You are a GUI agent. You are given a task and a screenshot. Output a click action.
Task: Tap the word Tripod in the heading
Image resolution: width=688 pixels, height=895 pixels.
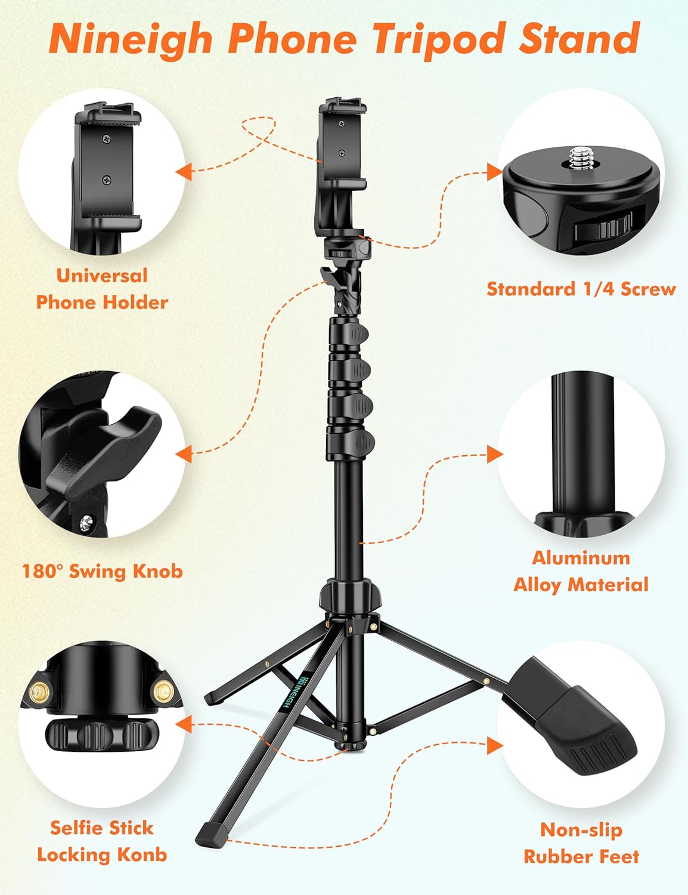[440, 39]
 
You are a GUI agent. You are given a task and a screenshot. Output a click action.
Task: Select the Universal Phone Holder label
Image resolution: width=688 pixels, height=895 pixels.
[102, 289]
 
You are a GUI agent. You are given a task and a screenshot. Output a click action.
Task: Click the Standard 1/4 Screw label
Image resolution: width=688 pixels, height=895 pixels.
[581, 289]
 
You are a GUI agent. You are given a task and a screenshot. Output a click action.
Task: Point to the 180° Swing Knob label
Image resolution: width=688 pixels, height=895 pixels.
[102, 571]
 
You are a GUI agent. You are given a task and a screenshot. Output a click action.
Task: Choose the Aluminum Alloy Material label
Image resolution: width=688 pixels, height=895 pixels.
[581, 571]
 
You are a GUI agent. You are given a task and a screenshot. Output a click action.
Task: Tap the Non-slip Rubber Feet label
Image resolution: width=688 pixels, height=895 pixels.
[581, 842]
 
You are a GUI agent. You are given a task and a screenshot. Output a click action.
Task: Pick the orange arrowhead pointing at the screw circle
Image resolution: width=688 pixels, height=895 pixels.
[494, 172]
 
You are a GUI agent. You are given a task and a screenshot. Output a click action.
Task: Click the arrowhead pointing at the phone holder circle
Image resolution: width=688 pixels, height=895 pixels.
[184, 172]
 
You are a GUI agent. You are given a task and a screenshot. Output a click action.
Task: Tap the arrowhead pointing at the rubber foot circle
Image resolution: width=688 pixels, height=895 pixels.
[494, 745]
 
